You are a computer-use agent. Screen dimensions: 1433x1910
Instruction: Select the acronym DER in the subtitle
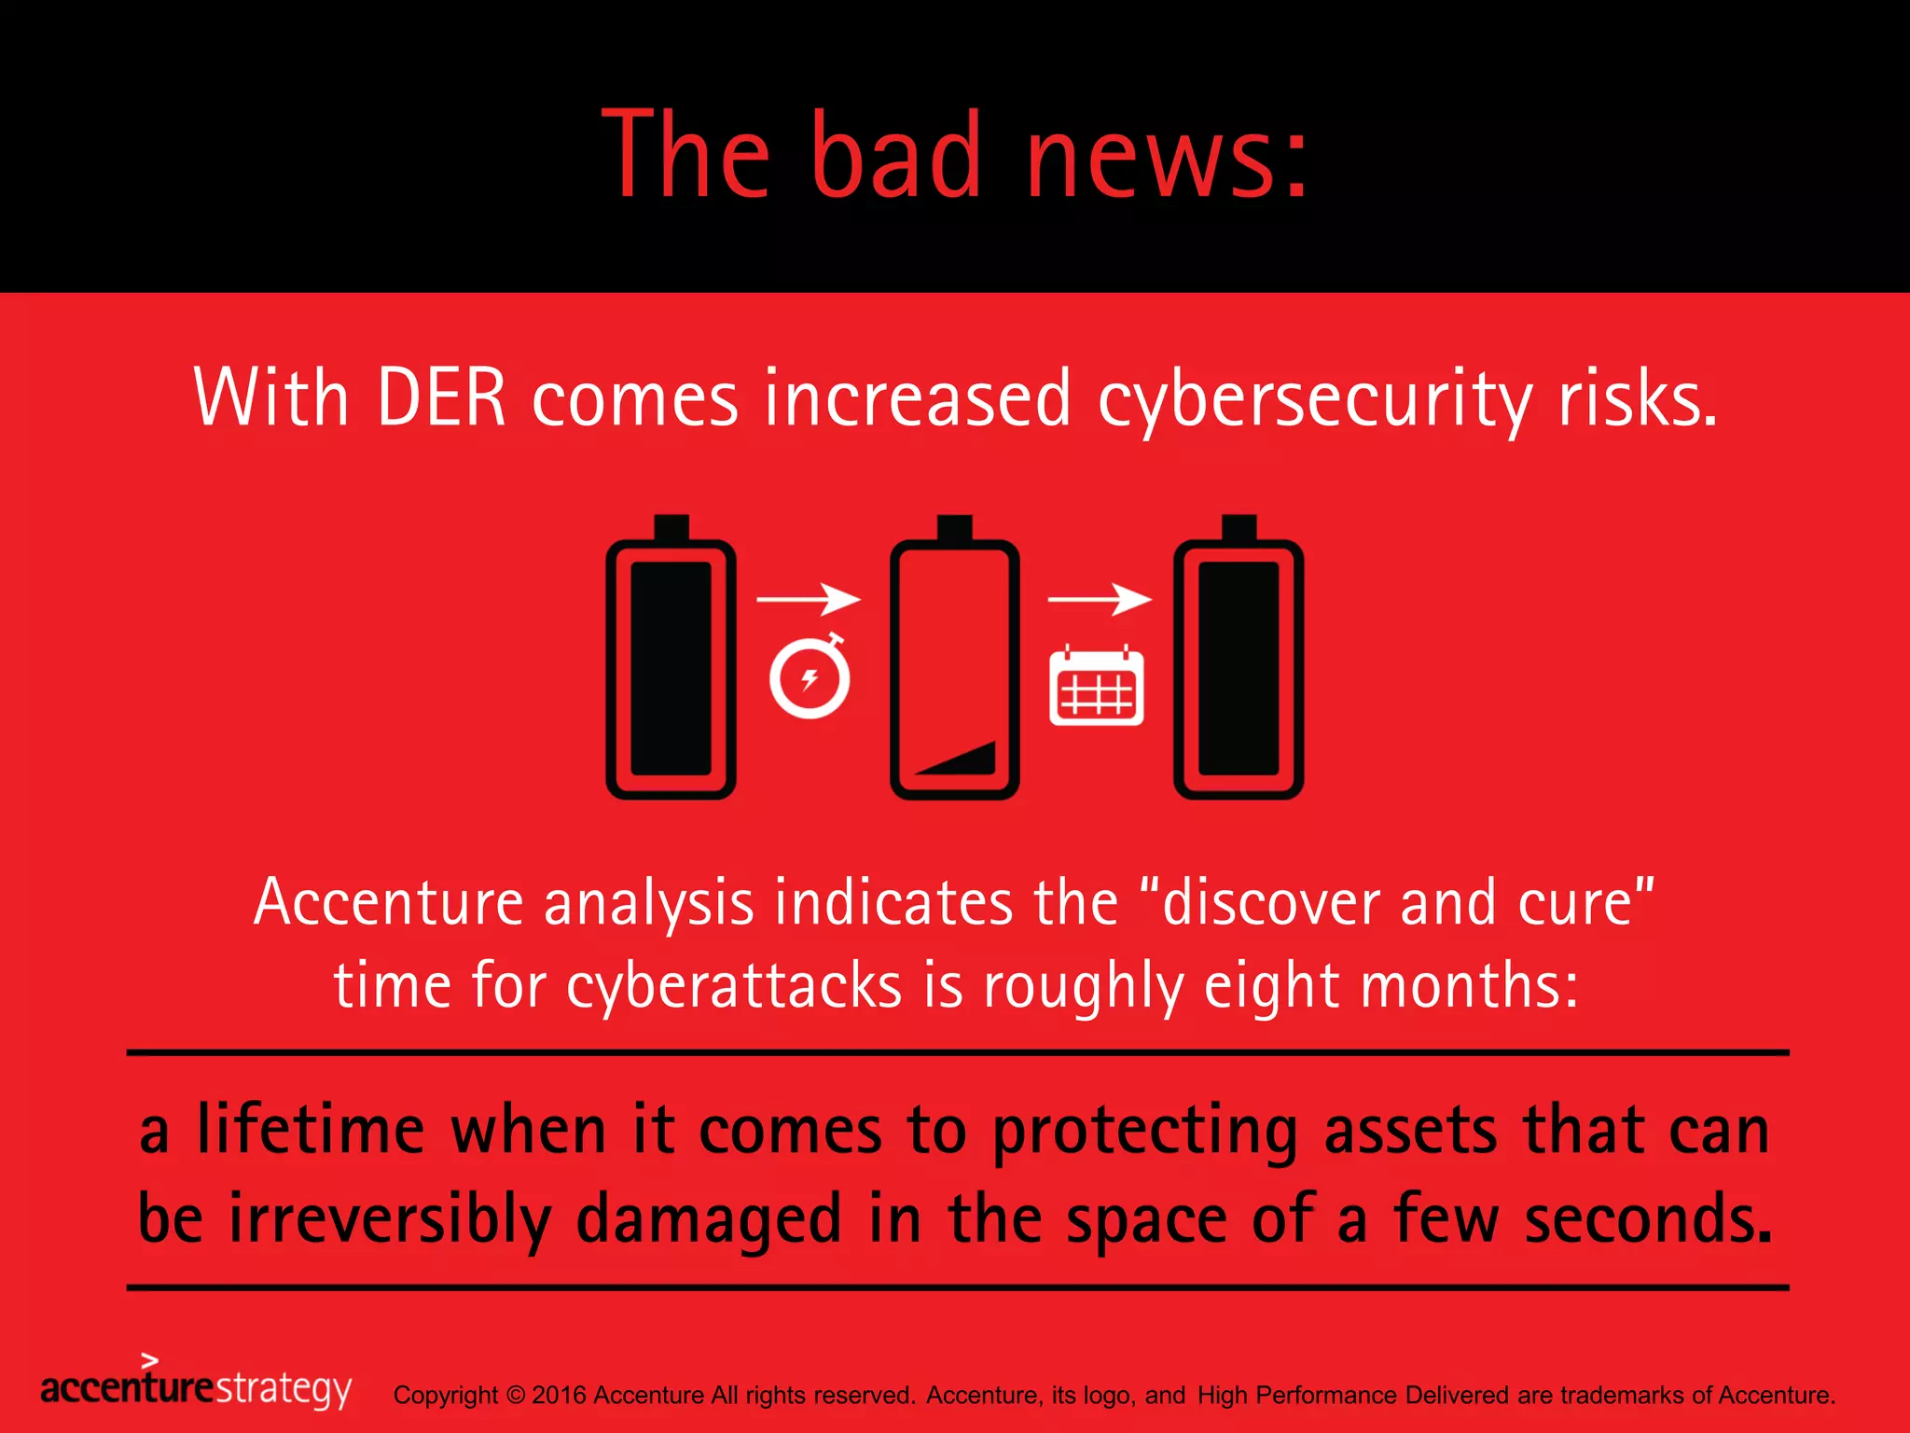pos(441,399)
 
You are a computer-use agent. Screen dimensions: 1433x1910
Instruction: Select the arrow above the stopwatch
pos(808,598)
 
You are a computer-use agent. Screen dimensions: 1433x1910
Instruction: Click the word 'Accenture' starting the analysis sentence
pos(389,903)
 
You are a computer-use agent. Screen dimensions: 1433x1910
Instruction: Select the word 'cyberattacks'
pos(734,987)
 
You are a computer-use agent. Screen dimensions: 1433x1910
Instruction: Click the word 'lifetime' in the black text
pos(311,1131)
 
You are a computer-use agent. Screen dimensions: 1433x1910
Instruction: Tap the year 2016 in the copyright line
pos(559,1396)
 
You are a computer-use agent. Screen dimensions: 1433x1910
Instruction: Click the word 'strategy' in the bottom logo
pos(284,1389)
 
